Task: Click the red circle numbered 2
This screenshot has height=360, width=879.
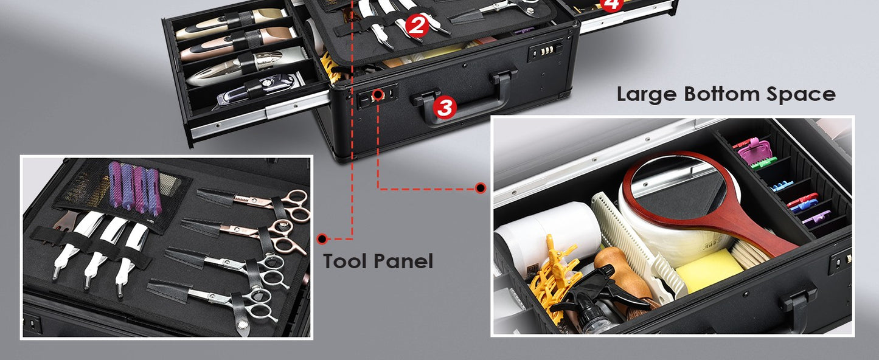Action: click(416, 26)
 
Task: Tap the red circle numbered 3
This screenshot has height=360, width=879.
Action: click(445, 108)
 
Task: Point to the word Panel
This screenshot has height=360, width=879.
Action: click(407, 261)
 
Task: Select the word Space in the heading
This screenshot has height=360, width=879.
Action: click(804, 94)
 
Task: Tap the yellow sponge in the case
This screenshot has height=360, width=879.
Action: click(709, 271)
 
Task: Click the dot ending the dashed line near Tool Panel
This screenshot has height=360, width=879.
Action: click(322, 238)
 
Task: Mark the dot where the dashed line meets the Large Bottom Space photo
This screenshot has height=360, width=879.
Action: click(480, 189)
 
